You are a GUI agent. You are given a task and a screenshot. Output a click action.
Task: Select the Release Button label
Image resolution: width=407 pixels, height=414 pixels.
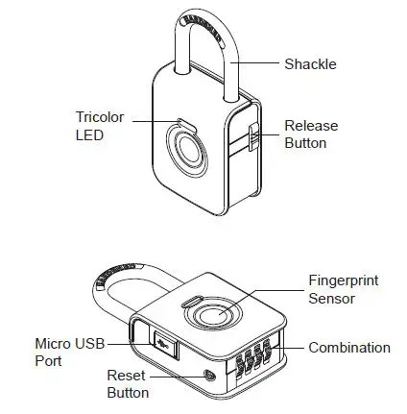tap(309, 134)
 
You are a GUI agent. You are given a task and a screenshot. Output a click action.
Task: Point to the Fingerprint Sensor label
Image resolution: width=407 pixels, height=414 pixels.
tap(339, 289)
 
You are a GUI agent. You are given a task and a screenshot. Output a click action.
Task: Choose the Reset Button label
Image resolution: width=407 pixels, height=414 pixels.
tap(126, 384)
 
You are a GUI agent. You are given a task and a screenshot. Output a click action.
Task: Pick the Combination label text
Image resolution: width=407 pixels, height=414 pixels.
tap(349, 348)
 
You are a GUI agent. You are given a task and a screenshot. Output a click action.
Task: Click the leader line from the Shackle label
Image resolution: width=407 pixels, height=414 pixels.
tap(254, 63)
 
